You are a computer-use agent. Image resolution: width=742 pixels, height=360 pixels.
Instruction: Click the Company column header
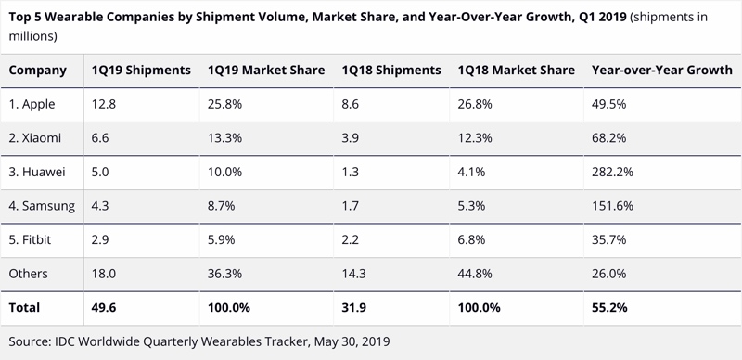(37, 71)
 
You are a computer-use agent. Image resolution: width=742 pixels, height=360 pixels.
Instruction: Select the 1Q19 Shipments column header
(141, 71)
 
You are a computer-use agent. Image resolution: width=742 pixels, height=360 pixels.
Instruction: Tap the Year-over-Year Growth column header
(662, 71)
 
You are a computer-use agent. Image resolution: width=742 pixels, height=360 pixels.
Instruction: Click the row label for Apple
(32, 104)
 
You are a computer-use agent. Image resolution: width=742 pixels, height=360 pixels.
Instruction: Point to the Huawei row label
(37, 172)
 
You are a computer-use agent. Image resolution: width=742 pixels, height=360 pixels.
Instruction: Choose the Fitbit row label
(30, 239)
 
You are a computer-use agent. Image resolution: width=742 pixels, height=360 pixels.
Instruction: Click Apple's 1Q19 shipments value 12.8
(104, 104)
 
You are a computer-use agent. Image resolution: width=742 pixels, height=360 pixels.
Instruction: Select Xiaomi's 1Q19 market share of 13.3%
(224, 138)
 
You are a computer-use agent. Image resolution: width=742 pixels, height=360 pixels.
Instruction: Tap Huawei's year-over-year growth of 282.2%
(612, 172)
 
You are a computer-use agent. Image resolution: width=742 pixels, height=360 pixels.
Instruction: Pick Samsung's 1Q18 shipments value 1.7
(351, 206)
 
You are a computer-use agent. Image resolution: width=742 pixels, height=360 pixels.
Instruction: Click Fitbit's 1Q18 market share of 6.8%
(471, 239)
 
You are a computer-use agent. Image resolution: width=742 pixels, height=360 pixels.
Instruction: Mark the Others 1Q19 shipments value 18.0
(104, 274)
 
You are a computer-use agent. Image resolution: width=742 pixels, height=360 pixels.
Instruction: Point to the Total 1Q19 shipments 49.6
(104, 308)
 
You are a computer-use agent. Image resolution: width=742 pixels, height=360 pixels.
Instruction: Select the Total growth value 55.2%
(609, 308)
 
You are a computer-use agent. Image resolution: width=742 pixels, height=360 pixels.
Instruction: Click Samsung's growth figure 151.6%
(612, 206)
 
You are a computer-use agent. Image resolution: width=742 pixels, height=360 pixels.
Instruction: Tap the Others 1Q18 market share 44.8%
(475, 274)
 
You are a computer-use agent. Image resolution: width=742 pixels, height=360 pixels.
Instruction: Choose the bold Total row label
(24, 308)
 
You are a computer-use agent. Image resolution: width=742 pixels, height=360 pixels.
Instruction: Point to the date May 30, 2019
(352, 342)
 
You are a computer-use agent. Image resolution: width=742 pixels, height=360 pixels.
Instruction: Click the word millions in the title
(33, 36)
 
